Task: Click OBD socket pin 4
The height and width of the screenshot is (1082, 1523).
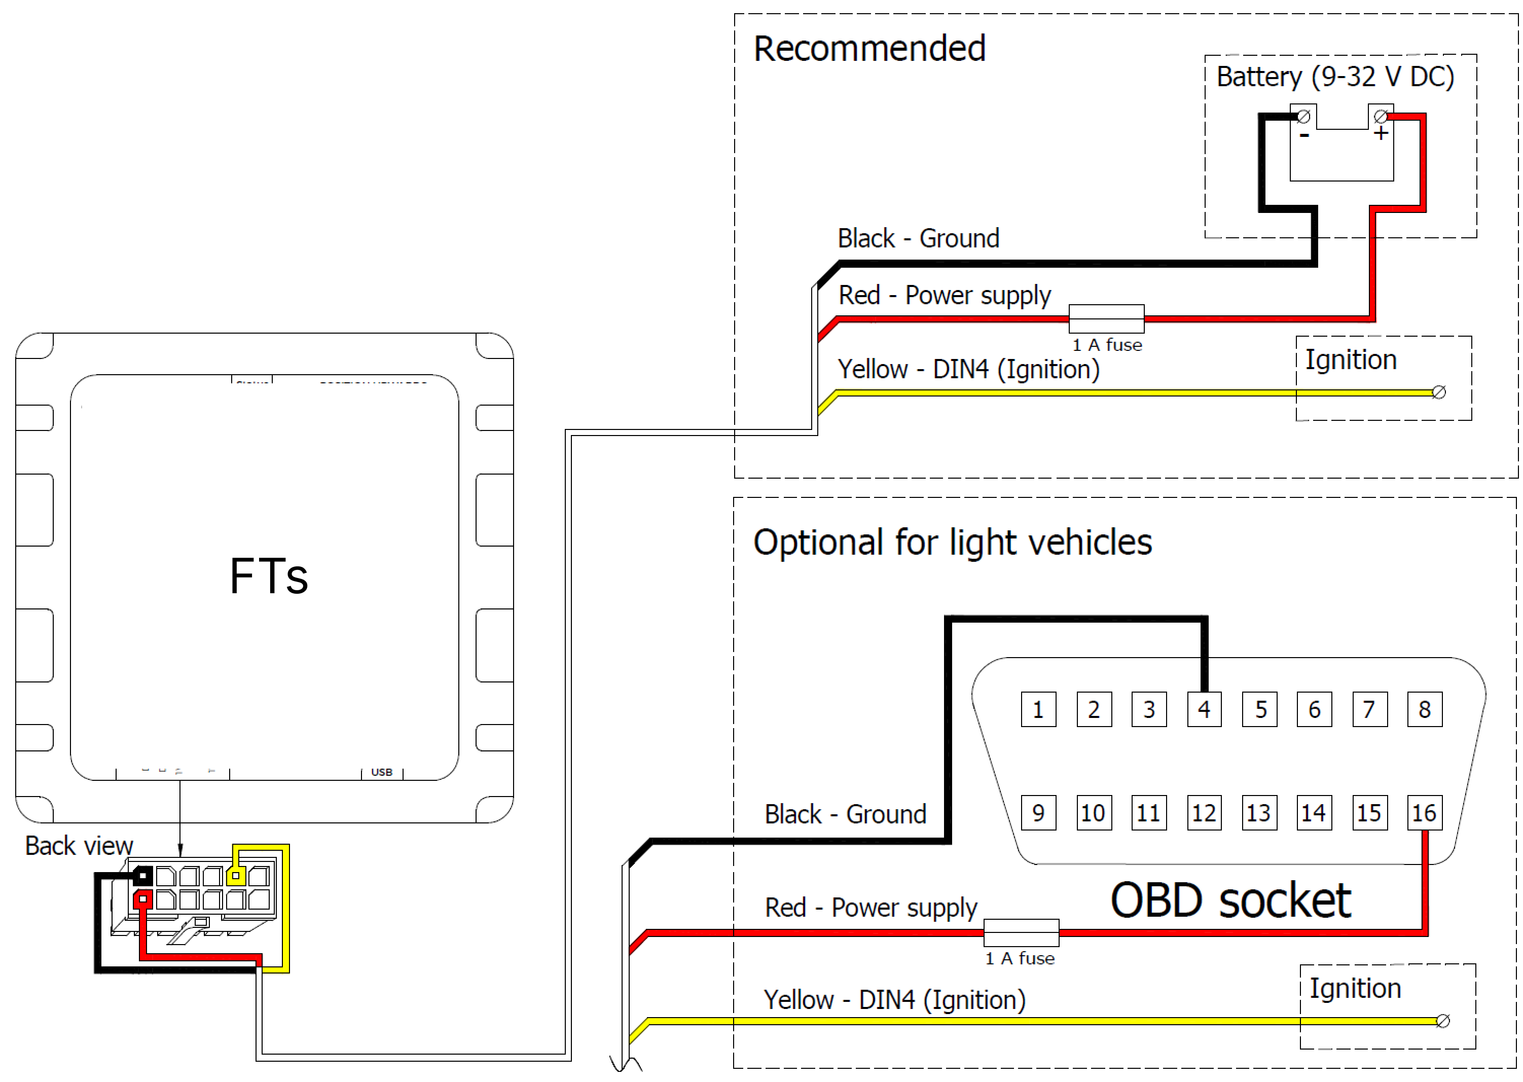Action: [1204, 709]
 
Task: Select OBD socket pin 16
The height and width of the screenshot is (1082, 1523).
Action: [1425, 812]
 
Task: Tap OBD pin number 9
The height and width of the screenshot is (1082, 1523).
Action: [1038, 812]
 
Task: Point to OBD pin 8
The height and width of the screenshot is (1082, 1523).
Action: [1425, 709]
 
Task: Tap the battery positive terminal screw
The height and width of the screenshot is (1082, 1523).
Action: [1381, 117]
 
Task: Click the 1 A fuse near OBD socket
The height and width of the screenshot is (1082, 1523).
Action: [1021, 932]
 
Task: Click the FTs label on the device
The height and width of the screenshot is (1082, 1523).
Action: [269, 576]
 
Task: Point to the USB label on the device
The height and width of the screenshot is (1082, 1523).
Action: [382, 772]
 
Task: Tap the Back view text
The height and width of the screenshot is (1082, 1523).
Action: [79, 846]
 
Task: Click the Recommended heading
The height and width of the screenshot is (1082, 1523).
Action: [869, 49]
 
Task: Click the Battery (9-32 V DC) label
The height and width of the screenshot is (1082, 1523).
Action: [1334, 77]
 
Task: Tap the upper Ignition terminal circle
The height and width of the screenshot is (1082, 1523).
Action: [1438, 392]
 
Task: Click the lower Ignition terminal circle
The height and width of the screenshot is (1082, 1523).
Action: [1442, 1021]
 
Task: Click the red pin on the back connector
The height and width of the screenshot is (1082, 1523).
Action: [142, 899]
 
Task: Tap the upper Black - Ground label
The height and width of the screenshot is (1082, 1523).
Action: [918, 238]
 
